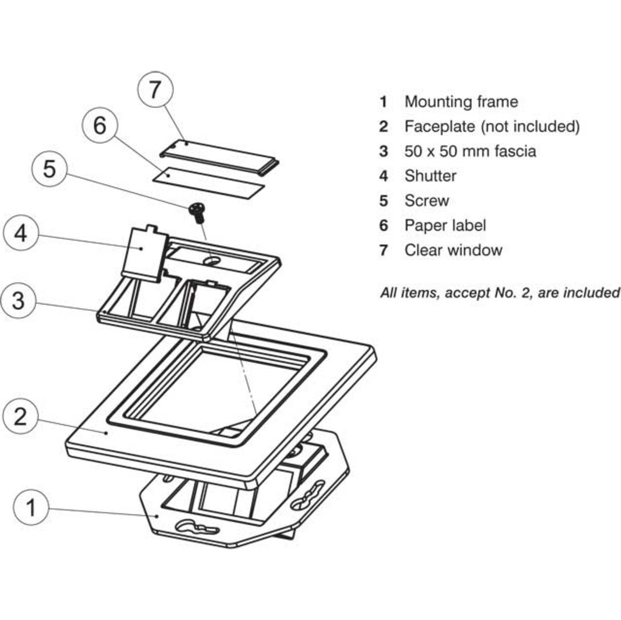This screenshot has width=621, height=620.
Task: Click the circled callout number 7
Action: click(155, 90)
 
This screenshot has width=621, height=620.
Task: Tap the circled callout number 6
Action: click(100, 125)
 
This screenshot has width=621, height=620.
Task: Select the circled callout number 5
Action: click(49, 169)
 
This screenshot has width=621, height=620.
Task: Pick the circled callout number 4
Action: click(21, 234)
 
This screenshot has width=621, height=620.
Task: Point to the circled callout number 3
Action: click(18, 301)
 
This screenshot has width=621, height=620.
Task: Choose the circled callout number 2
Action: click(20, 417)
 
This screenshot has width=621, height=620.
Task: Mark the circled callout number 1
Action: click(31, 507)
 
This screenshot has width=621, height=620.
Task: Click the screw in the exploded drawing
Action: click(197, 212)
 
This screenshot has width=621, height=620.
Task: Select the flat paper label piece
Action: click(209, 183)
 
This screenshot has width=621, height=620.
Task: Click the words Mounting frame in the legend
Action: click(461, 102)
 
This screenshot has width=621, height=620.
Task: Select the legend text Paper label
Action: click(445, 225)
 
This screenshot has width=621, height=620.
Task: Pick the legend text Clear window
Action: click(453, 250)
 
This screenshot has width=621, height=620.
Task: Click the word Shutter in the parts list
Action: click(430, 176)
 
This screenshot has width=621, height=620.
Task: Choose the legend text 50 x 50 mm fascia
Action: click(470, 151)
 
